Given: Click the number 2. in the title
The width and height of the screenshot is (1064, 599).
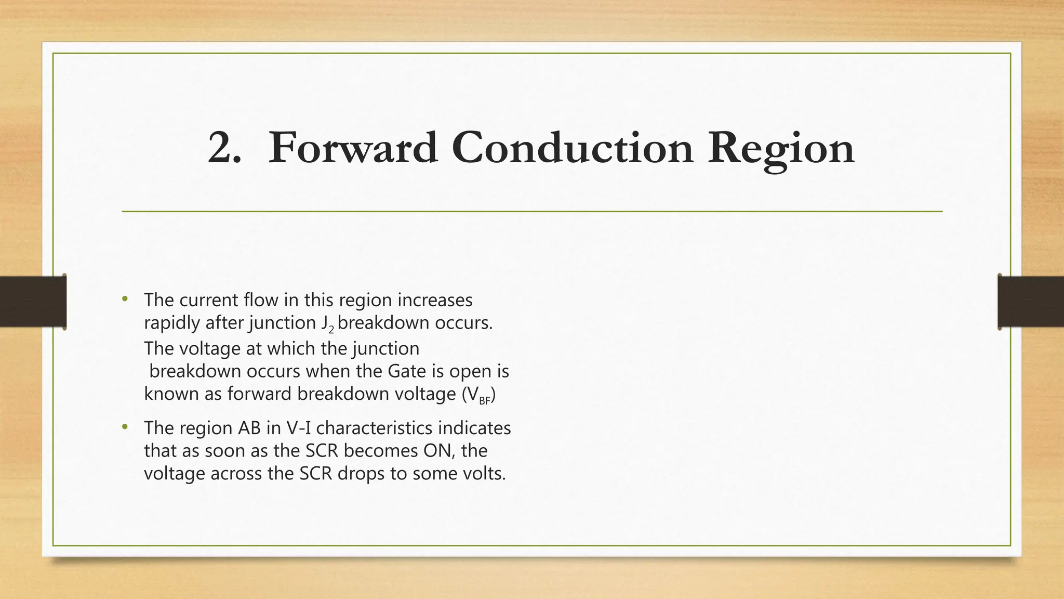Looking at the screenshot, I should click(x=224, y=149).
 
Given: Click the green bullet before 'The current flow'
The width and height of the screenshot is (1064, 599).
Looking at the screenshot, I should click(x=124, y=299).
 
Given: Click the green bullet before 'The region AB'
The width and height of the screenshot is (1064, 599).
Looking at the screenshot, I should click(x=124, y=427).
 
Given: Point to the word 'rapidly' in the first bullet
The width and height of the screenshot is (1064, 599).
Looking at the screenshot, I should click(x=172, y=323).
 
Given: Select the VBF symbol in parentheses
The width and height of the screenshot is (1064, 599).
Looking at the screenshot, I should click(x=478, y=395).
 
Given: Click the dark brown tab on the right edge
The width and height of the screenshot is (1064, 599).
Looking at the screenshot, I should click(x=1031, y=302).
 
